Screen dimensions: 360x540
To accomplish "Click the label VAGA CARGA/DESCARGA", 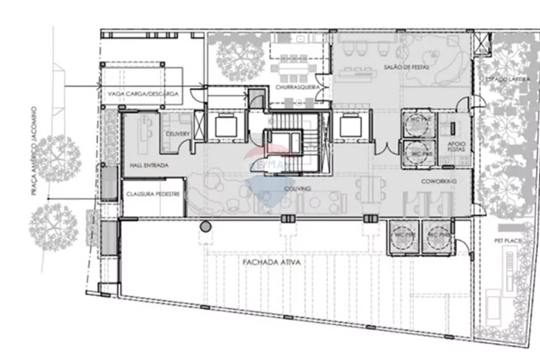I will [x=143, y=94].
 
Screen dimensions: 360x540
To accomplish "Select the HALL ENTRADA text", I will [x=148, y=165].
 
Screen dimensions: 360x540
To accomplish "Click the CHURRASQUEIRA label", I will [x=294, y=87].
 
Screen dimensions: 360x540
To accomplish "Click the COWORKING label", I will [x=438, y=181].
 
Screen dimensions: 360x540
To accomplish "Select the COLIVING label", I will [x=297, y=189].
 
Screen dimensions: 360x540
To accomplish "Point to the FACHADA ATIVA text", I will [x=279, y=263].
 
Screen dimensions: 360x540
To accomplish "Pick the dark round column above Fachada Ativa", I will [x=205, y=227].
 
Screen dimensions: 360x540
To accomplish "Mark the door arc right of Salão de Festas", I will [x=463, y=104].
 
